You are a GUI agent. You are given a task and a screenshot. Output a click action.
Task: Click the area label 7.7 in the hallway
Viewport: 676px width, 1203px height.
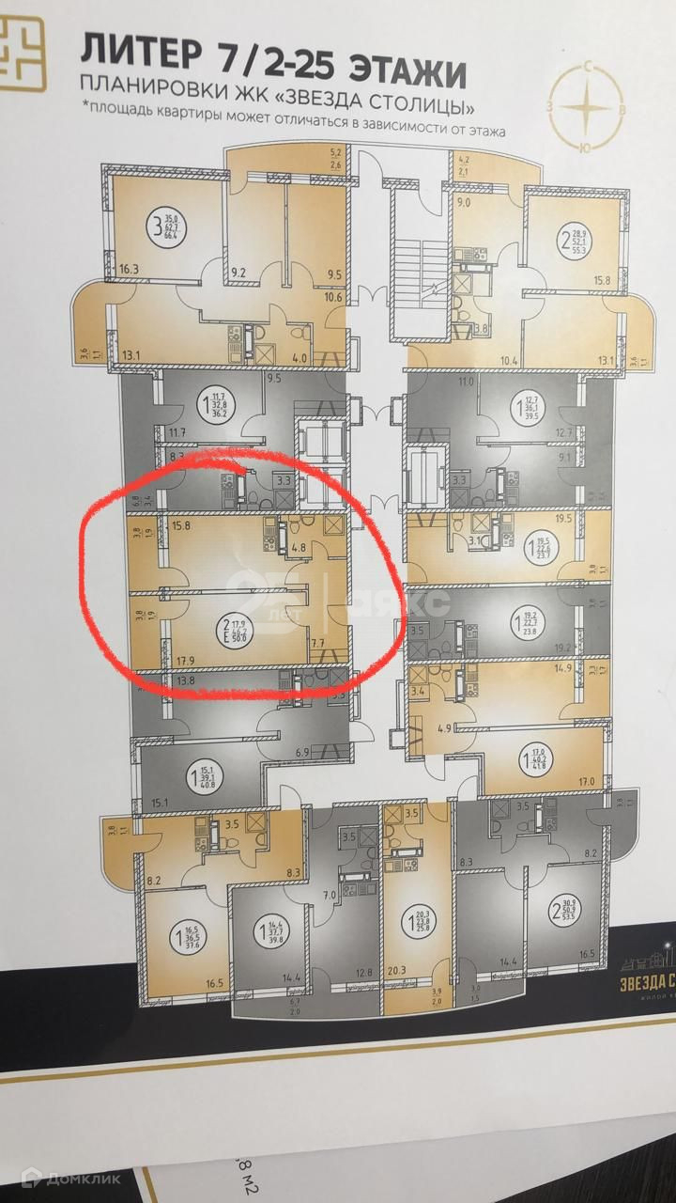(x=317, y=645)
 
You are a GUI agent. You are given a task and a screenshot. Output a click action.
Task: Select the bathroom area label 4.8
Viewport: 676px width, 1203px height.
(x=300, y=543)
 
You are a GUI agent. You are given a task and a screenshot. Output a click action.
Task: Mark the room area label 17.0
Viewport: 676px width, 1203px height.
(x=587, y=780)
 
